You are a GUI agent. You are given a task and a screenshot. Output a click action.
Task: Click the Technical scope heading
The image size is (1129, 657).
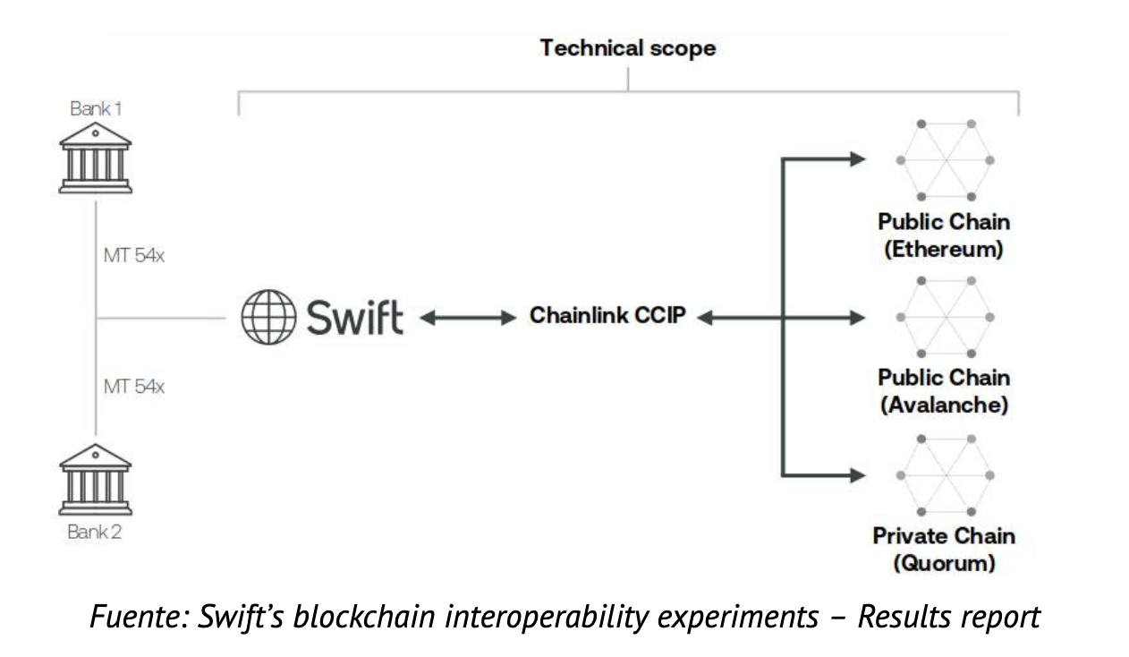click(627, 48)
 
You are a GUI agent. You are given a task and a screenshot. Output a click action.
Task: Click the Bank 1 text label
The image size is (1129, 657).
click(96, 108)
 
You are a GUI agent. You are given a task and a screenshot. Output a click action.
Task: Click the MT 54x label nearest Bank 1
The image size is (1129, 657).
click(134, 256)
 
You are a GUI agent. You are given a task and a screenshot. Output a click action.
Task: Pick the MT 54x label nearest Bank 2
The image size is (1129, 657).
click(134, 387)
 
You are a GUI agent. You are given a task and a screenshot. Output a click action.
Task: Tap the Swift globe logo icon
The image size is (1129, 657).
click(267, 318)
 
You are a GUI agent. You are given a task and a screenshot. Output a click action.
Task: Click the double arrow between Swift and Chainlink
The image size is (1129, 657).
click(465, 317)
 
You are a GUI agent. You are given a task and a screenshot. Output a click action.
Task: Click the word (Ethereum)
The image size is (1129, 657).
click(944, 249)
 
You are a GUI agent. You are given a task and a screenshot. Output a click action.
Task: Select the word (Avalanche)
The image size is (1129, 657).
click(944, 405)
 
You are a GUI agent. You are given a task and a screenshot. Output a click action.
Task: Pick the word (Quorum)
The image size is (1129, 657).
click(944, 563)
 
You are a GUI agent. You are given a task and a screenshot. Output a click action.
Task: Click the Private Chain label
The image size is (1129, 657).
click(944, 536)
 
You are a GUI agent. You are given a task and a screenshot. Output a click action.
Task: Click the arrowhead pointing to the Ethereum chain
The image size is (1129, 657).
click(856, 159)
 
